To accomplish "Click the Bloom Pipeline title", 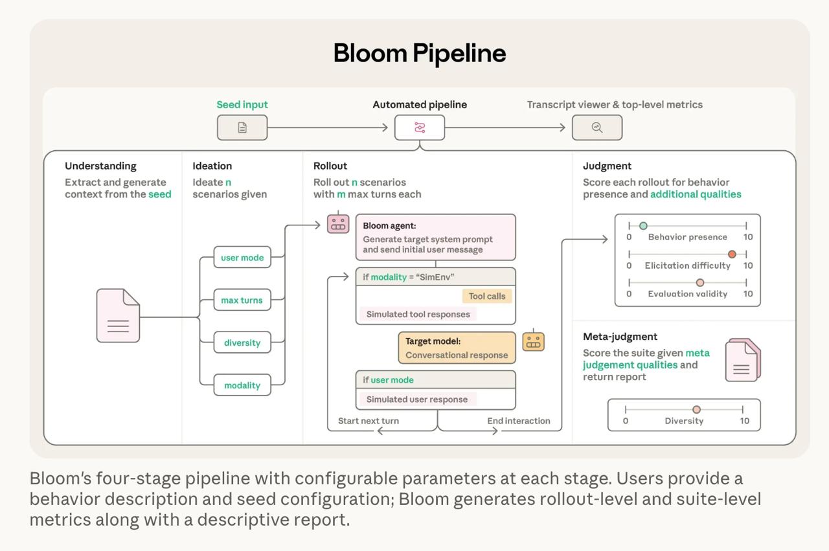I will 419,53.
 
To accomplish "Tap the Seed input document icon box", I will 242,128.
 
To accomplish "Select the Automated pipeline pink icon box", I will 420,128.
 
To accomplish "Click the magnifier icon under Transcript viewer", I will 597,128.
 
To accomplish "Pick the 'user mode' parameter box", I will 242,258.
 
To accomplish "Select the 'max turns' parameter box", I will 242,300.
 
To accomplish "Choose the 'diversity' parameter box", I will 242,343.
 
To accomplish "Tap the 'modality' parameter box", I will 242,385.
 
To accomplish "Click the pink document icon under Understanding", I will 118,315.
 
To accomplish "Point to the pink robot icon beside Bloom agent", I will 338,223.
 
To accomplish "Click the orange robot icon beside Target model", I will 533,341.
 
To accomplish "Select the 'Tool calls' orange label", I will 487,296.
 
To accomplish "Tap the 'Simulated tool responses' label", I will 418,314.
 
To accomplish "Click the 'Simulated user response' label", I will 416,399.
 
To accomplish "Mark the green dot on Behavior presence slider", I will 643,225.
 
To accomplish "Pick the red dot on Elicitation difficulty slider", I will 732,254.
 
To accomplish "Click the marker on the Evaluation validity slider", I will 699,282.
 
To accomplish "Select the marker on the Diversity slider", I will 696,409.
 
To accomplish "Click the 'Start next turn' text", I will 369,421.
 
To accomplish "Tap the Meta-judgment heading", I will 620,337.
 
